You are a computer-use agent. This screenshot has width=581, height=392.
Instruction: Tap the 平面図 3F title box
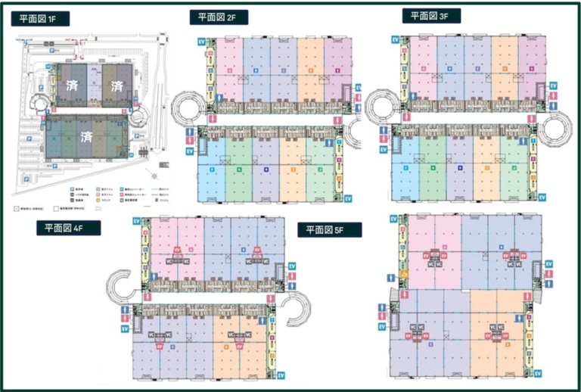(x=430, y=15)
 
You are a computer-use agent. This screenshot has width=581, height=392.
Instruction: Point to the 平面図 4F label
(x=67, y=228)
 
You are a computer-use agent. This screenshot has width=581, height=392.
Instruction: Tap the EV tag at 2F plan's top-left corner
(x=200, y=42)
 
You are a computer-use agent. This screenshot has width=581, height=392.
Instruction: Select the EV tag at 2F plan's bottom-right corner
(x=349, y=198)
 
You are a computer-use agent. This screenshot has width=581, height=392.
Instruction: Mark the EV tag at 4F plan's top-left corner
(x=136, y=220)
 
